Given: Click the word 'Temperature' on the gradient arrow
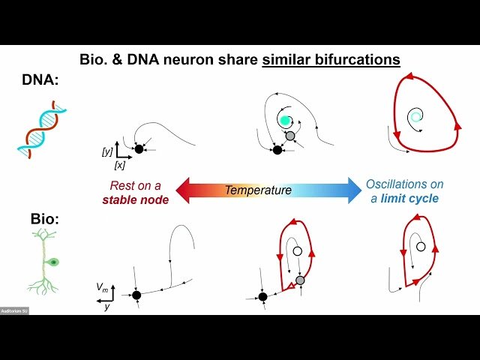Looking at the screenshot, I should click(x=258, y=190).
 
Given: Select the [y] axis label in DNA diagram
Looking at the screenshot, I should click(x=106, y=152).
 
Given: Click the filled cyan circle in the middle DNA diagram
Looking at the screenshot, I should click(x=285, y=120).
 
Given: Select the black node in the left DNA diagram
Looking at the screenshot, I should click(x=139, y=149).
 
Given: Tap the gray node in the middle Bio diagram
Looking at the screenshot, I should click(x=300, y=280).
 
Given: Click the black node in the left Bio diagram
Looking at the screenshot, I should click(x=136, y=295).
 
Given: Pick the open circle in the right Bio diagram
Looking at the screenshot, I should click(x=421, y=247).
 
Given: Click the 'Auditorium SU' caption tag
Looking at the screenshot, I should click(x=15, y=310).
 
